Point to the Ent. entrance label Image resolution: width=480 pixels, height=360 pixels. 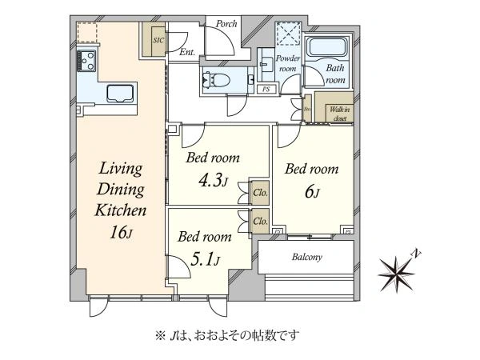point(187,53)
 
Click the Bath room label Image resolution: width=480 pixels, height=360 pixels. point(335,74)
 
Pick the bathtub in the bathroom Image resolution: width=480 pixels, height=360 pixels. point(328,48)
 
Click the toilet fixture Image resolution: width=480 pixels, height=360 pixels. point(217,79)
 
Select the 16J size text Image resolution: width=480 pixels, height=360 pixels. point(121,235)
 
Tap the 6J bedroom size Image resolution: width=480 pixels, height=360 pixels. point(313,192)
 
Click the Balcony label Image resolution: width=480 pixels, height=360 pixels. point(305,258)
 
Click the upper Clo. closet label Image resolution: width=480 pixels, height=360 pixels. point(261,193)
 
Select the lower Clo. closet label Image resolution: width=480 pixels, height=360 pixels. point(261,222)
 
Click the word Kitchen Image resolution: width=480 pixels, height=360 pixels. point(121,212)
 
